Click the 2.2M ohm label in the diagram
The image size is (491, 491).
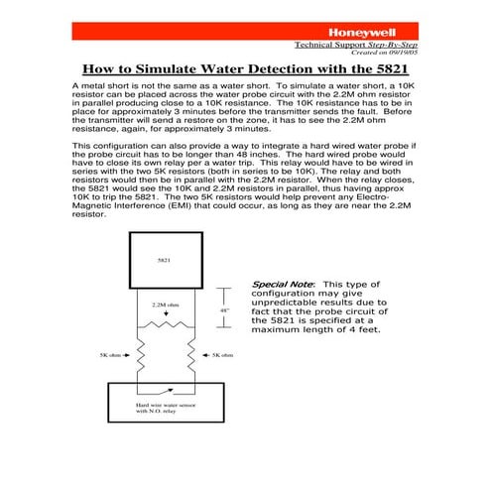pos(166,305)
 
